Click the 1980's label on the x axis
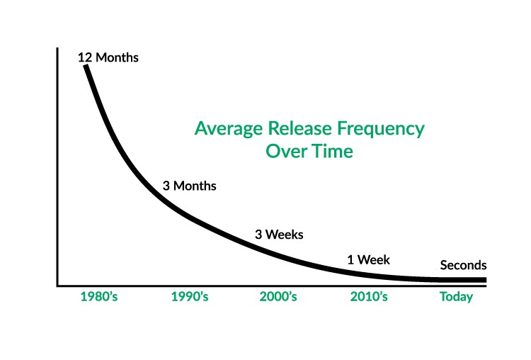99,297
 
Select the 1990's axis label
189,297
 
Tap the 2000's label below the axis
279,297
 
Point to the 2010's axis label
369,297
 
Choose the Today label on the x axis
456,297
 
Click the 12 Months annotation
108,57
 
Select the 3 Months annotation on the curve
189,186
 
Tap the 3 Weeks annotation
283,234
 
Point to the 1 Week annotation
368,259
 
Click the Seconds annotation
463,266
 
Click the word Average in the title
224,129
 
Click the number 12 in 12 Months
86,57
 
